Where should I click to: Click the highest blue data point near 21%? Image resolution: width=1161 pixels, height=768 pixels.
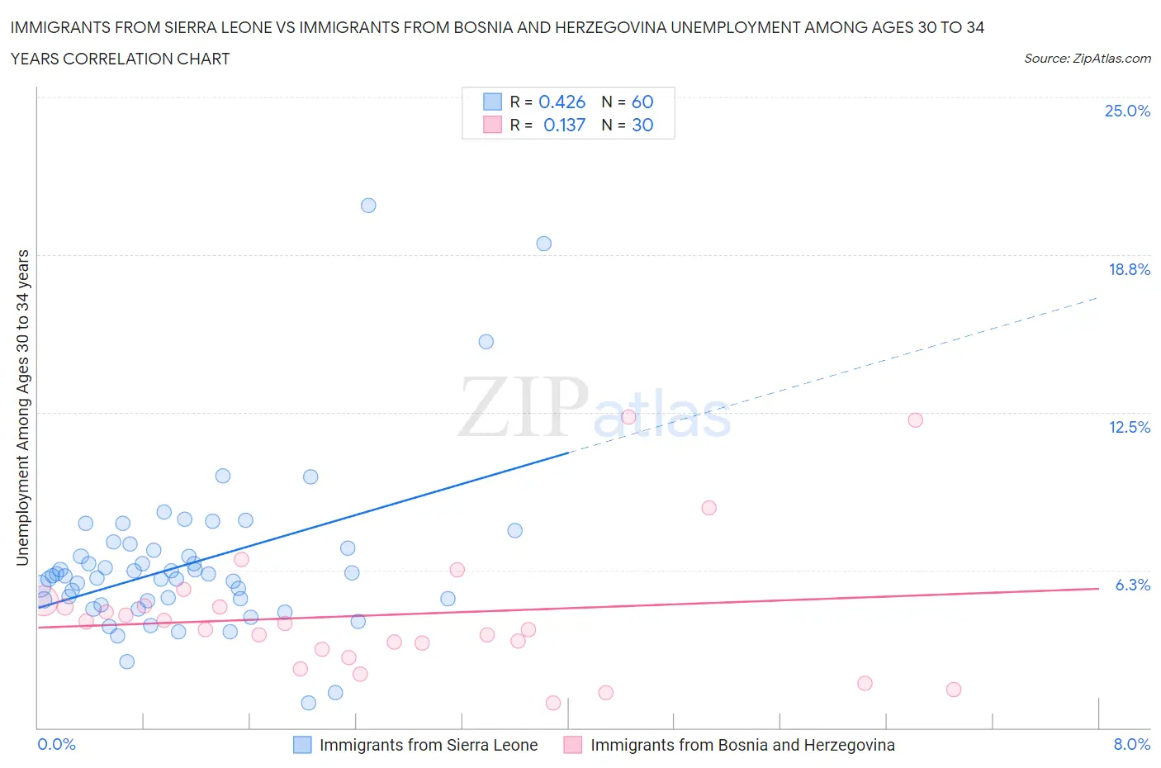click(x=368, y=206)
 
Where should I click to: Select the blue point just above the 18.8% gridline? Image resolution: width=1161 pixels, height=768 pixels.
click(x=543, y=244)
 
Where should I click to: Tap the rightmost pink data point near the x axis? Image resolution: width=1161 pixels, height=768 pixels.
click(x=954, y=690)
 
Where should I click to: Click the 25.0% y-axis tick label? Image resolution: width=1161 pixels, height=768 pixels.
click(x=1127, y=111)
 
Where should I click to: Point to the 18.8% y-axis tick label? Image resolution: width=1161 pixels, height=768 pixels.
click(x=1129, y=269)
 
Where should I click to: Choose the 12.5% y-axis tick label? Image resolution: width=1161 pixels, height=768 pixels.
click(x=1129, y=427)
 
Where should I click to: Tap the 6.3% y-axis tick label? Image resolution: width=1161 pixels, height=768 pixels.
click(x=1132, y=585)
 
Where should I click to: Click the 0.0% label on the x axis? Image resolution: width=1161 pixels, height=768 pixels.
click(x=57, y=744)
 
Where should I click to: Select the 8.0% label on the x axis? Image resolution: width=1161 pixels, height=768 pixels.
click(x=1131, y=744)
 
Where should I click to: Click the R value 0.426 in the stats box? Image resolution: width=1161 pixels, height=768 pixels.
click(x=562, y=102)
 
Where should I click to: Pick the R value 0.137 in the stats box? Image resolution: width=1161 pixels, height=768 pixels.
click(x=564, y=125)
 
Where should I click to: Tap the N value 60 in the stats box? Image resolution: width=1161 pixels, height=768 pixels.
click(x=642, y=102)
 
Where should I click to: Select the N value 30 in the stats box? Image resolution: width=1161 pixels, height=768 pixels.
click(x=642, y=125)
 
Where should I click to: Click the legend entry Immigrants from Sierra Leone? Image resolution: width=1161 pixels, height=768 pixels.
click(x=428, y=745)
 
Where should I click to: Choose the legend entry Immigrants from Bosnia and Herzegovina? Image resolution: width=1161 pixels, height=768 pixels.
click(x=742, y=745)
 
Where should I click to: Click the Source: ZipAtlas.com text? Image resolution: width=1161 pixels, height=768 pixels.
click(x=1087, y=59)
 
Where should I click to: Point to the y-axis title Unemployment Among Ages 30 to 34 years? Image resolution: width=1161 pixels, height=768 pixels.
click(x=23, y=407)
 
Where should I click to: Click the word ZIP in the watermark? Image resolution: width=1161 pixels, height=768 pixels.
click(x=522, y=407)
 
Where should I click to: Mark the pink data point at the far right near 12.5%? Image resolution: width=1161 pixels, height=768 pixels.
click(x=915, y=420)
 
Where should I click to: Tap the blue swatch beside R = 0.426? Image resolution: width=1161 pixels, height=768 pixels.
click(x=492, y=102)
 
